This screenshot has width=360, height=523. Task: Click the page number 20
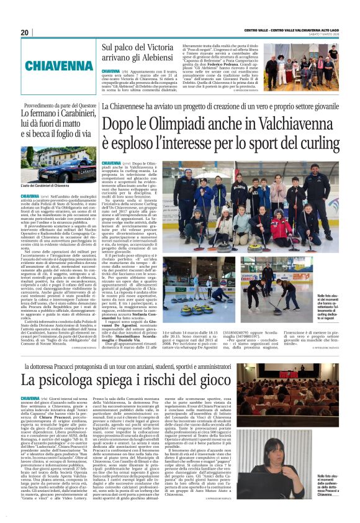(x=25, y=32)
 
